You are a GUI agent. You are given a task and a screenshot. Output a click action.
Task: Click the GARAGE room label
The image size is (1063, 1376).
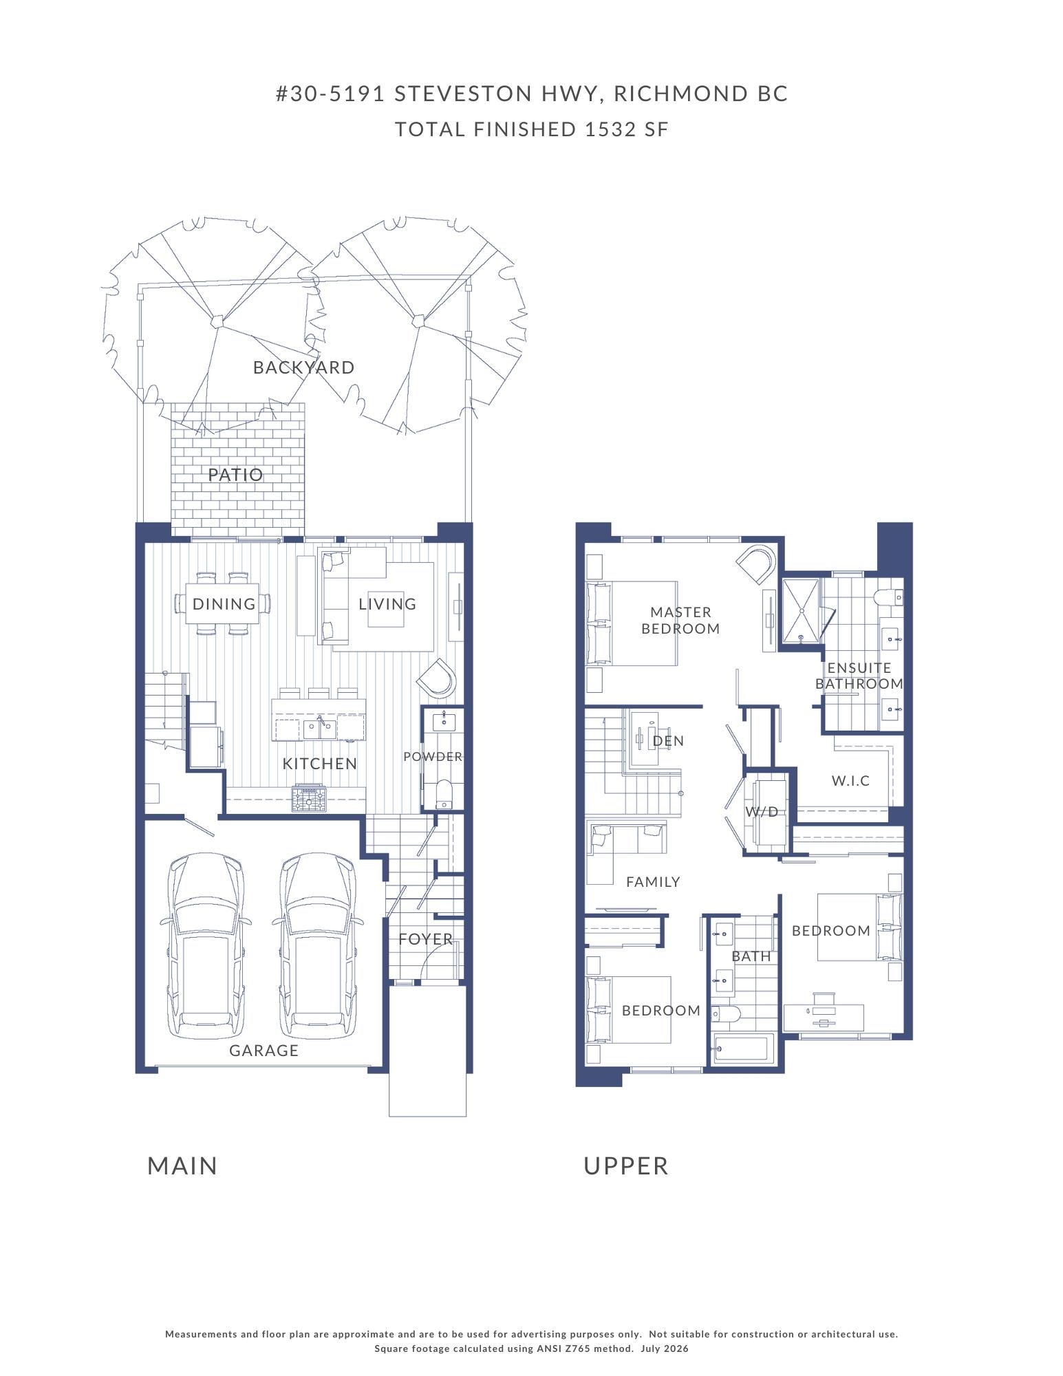pyautogui.click(x=264, y=1051)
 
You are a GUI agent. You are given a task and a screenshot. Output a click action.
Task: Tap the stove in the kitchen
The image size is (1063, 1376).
pyautogui.click(x=309, y=798)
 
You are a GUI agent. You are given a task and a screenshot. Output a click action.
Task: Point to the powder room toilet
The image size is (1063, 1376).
pyautogui.click(x=443, y=794)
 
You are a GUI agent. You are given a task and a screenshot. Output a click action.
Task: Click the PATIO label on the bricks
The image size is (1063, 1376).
pyautogui.click(x=236, y=475)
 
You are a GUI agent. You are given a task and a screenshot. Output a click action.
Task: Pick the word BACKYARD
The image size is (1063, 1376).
pyautogui.click(x=304, y=367)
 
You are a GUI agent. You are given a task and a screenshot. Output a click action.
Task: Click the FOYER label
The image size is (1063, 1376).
pyautogui.click(x=426, y=939)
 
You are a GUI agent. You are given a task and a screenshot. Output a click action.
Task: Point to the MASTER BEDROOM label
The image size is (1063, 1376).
pyautogui.click(x=680, y=620)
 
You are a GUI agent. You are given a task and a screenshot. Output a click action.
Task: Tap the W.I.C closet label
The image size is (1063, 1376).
pyautogui.click(x=850, y=781)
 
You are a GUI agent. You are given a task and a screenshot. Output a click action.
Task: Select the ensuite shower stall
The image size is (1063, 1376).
pyautogui.click(x=802, y=611)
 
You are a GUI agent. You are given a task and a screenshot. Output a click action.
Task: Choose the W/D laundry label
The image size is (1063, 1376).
pyautogui.click(x=762, y=812)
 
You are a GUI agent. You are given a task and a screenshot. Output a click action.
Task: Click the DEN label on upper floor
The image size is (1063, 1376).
pyautogui.click(x=668, y=741)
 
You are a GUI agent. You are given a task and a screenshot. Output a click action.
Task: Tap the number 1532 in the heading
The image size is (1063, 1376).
pyautogui.click(x=610, y=129)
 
